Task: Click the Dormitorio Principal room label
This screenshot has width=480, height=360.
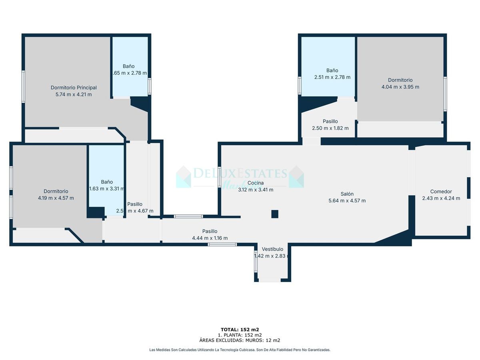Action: pyautogui.click(x=74, y=88)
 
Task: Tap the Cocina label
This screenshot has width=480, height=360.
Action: pyautogui.click(x=256, y=183)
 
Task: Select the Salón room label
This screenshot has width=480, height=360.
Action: pyautogui.click(x=347, y=194)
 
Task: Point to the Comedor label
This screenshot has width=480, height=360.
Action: pyautogui.click(x=441, y=191)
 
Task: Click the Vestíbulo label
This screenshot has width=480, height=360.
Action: pyautogui.click(x=272, y=249)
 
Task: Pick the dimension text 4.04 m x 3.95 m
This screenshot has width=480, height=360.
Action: pyautogui.click(x=400, y=87)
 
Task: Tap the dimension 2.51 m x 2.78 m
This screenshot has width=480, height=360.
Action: pyautogui.click(x=332, y=77)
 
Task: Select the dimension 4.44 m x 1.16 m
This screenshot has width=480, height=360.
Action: pyautogui.click(x=210, y=238)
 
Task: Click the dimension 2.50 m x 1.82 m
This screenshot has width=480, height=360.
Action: pyautogui.click(x=330, y=128)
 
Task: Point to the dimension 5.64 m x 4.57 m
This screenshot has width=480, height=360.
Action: pyautogui.click(x=347, y=201)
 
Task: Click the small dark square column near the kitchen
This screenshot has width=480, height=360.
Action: pyautogui.click(x=275, y=214)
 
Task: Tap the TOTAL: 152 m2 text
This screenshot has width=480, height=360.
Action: pyautogui.click(x=240, y=330)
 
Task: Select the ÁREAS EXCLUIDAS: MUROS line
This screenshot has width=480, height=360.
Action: pyautogui.click(x=240, y=340)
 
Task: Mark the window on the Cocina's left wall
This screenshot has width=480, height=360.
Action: pyautogui.click(x=219, y=176)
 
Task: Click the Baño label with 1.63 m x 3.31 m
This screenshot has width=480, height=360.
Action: pyautogui.click(x=107, y=182)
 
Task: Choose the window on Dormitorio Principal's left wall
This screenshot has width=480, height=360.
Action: pyautogui.click(x=23, y=86)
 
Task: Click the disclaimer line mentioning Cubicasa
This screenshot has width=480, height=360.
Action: pyautogui.click(x=240, y=350)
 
